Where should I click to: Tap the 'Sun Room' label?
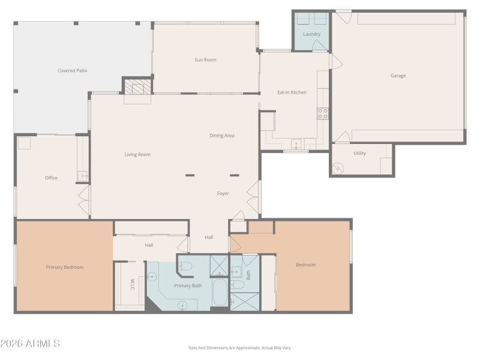point(205,60)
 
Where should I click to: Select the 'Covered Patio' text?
point(72,71)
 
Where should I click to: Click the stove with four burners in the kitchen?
point(323,113)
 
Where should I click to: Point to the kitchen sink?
point(296,144)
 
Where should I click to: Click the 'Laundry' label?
point(311,34)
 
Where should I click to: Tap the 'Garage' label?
point(398,76)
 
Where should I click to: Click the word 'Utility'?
point(359,153)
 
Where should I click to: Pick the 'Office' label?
point(51,178)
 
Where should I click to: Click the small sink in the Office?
point(82,176)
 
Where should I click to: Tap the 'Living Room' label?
point(137,155)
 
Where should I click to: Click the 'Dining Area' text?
point(221,136)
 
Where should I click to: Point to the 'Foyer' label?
point(223,193)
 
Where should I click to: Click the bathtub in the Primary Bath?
point(220,293)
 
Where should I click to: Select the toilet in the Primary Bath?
point(185,266)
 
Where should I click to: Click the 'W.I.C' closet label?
point(133,284)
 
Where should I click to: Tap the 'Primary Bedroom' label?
point(65,267)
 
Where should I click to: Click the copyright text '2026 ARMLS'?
point(30,344)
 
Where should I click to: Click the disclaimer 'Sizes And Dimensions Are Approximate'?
point(240,347)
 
